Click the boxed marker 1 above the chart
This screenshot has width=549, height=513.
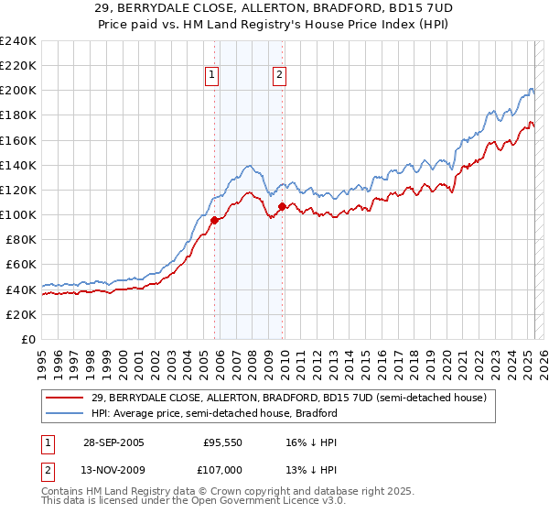[x=212, y=76]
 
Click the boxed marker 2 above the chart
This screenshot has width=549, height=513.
[x=279, y=76]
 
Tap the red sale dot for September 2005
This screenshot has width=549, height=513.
[x=215, y=220]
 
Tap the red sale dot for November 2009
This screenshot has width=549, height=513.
[x=282, y=206]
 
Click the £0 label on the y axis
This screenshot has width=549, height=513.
[x=27, y=339]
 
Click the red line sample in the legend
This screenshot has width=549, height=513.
[x=64, y=398]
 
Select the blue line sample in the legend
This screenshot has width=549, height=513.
[x=64, y=413]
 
